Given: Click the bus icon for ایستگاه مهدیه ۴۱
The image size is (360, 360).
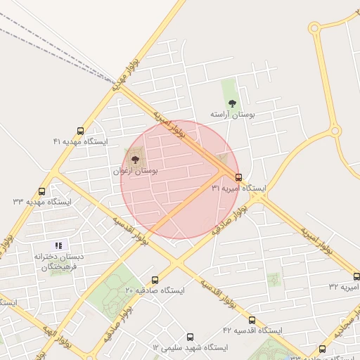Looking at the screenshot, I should point(80,131).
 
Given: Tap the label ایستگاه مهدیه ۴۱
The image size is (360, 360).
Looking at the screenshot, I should point(81,142).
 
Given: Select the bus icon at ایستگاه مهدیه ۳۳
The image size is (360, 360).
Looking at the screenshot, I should point(42,191).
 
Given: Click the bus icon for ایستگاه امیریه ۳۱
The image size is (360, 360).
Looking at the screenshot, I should point(239,177).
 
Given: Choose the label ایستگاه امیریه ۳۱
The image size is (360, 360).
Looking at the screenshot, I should point(239,188).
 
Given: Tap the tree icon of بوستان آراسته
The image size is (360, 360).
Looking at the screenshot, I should point(232,103).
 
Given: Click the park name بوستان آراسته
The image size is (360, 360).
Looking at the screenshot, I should point(232,114).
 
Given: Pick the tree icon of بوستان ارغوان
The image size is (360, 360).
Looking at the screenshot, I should point(135,160).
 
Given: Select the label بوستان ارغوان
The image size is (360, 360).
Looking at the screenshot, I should point(135,171).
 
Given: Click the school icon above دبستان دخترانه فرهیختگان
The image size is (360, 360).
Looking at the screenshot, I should point(59,245).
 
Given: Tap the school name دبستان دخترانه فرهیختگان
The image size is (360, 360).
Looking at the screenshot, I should point(59,262).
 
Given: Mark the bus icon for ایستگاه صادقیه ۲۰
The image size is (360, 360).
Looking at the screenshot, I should point(155,280).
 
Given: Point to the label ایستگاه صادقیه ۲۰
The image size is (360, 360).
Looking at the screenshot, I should point(155,290).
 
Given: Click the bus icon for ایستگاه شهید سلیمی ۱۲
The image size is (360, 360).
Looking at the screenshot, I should point(190,337).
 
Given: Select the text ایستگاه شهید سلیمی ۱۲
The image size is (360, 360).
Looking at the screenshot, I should point(190,348).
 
